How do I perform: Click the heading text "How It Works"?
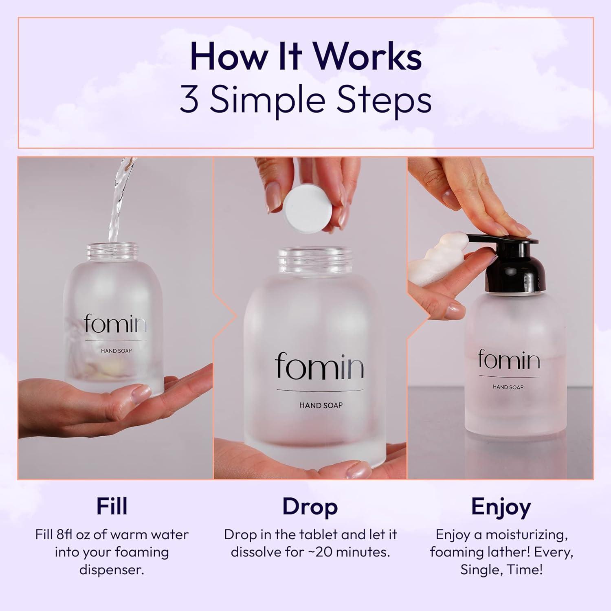point(305,57)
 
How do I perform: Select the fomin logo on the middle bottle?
point(320,365)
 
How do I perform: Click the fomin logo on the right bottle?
point(509,360)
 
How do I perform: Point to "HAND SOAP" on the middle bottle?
point(321,405)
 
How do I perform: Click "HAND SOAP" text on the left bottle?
point(116,351)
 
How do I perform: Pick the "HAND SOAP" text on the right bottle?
point(508,387)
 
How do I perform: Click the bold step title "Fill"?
point(112,507)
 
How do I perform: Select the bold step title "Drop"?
point(310,507)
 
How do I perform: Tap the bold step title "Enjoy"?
point(501,507)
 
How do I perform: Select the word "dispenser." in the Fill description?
point(112,569)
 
